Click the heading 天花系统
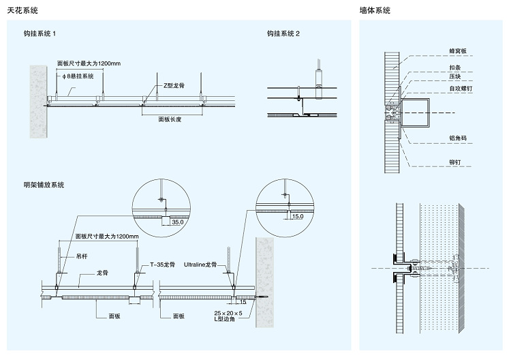[x=22, y=10]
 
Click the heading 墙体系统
[x=375, y=10]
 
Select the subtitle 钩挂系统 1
[x=40, y=33]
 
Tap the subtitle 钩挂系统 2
[x=283, y=33]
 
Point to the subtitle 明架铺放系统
[x=44, y=185]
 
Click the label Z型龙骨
[x=174, y=85]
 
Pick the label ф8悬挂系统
[x=78, y=76]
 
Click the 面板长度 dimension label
[x=170, y=119]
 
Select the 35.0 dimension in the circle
[x=178, y=222]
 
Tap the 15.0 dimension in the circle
[x=298, y=216]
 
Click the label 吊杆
[x=82, y=256]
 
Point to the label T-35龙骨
[x=162, y=265]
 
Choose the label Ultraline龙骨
[x=200, y=265]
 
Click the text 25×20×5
[x=228, y=313]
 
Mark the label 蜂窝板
[x=458, y=51]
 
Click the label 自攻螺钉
[x=461, y=89]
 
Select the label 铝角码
[x=458, y=138]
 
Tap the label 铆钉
[x=455, y=162]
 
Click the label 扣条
[x=455, y=67]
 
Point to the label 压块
[x=455, y=76]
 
